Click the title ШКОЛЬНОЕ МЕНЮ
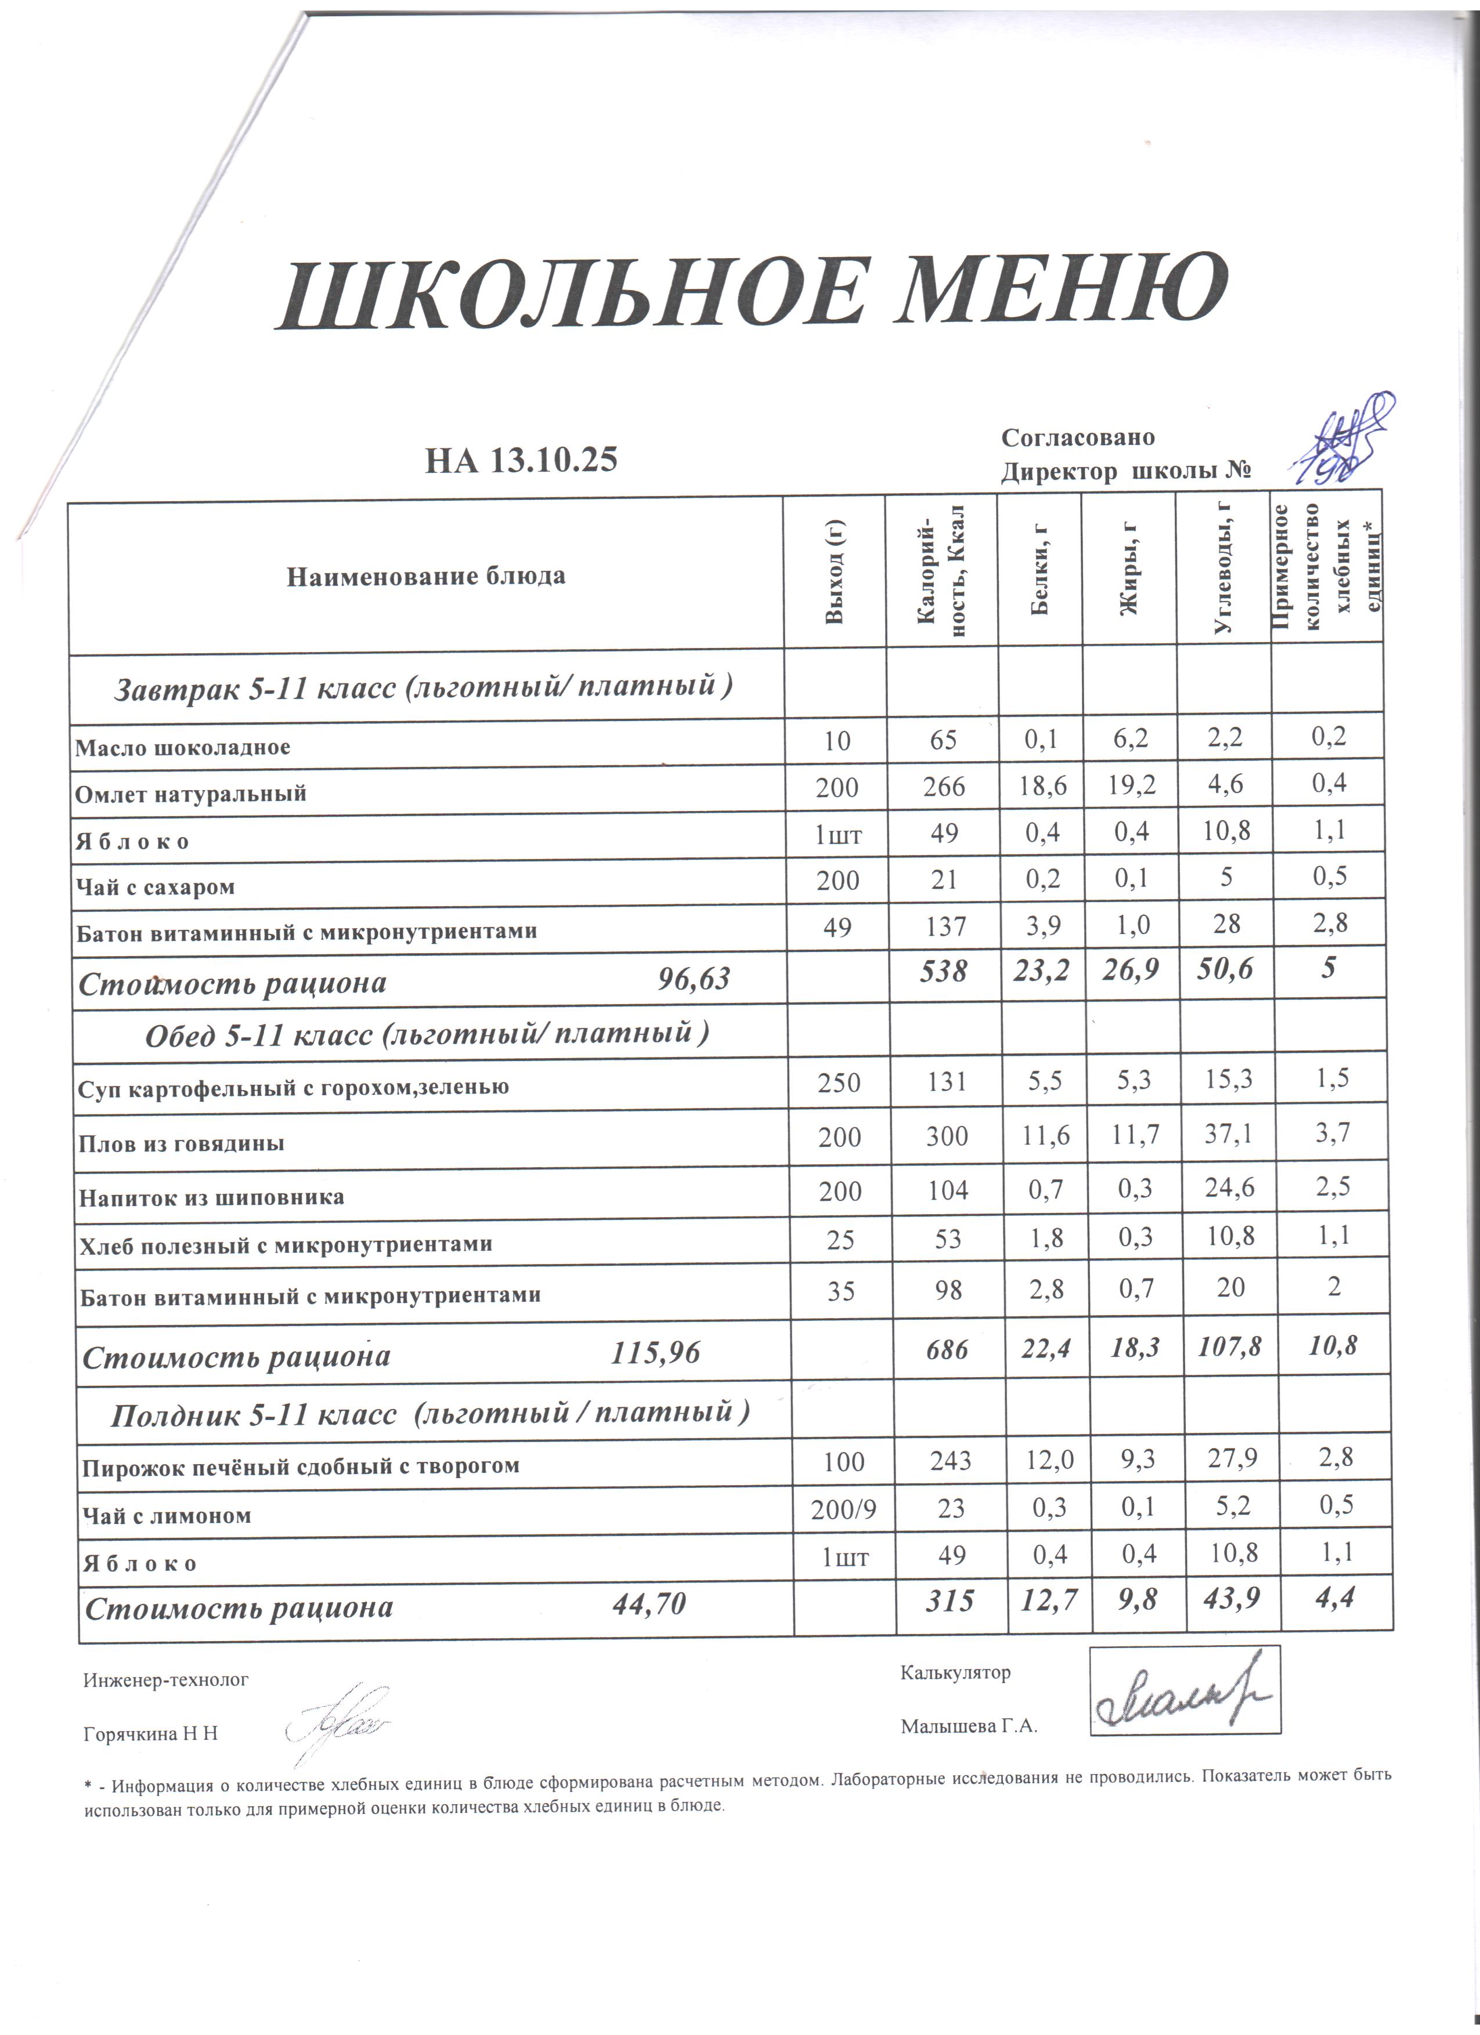pyautogui.click(x=752, y=294)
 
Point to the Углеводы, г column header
pyautogui.click(x=1222, y=570)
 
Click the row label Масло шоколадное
pyautogui.click(x=182, y=747)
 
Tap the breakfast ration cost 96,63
pyautogui.click(x=694, y=979)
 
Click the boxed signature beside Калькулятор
pyautogui.click(x=1185, y=1690)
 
